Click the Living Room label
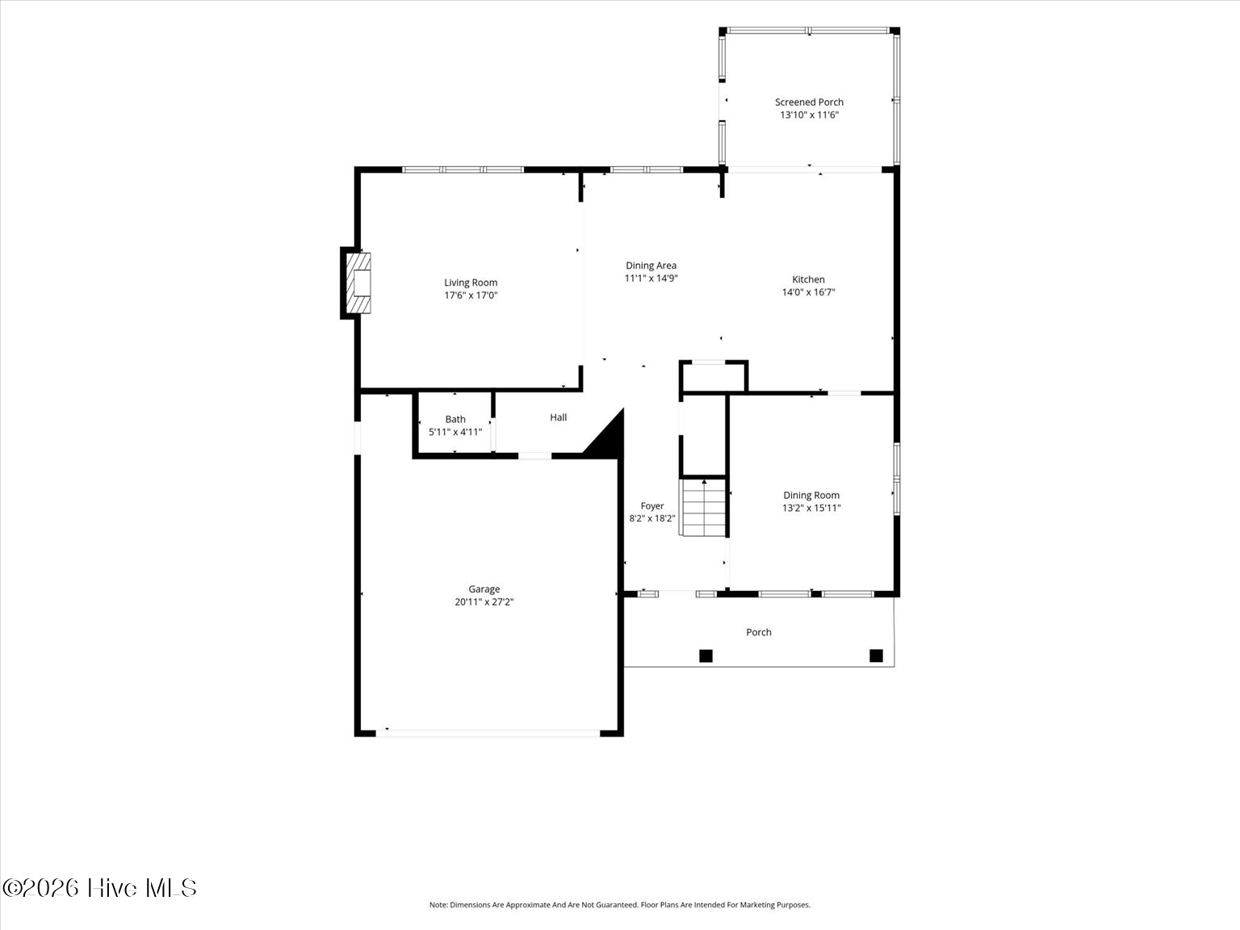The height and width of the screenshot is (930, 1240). pyautogui.click(x=471, y=283)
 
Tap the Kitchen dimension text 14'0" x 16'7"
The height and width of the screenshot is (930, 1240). pyautogui.click(x=808, y=292)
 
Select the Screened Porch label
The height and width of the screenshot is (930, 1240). pyautogui.click(x=809, y=103)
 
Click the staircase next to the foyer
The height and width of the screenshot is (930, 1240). pyautogui.click(x=703, y=508)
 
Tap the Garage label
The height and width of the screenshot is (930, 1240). pyautogui.click(x=484, y=589)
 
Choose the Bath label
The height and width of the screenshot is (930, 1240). pyautogui.click(x=455, y=419)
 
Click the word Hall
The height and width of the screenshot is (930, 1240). pyautogui.click(x=558, y=417)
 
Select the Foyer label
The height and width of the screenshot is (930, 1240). pyautogui.click(x=652, y=506)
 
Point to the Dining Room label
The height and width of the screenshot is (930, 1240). pyautogui.click(x=811, y=495)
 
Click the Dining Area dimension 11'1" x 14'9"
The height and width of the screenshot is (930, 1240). pyautogui.click(x=651, y=278)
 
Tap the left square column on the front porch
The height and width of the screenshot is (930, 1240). pyautogui.click(x=706, y=656)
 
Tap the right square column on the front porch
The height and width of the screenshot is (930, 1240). pyautogui.click(x=876, y=656)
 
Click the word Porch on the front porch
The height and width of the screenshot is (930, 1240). pyautogui.click(x=759, y=632)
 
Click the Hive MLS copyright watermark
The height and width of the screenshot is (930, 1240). pyautogui.click(x=99, y=888)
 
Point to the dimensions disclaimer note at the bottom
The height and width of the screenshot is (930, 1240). pyautogui.click(x=620, y=905)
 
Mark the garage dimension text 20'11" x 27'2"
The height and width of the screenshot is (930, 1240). pyautogui.click(x=484, y=602)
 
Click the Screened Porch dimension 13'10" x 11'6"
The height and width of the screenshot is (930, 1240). pyautogui.click(x=809, y=115)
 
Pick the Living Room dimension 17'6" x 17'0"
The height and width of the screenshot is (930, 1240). pyautogui.click(x=471, y=295)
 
